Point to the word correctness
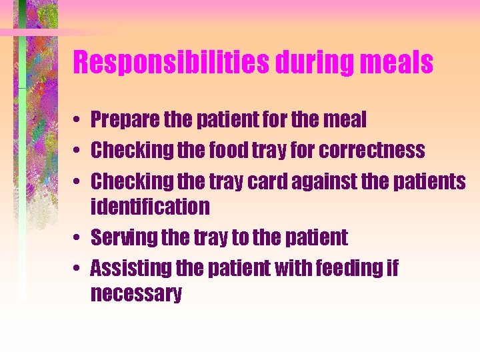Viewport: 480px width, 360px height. (x=371, y=151)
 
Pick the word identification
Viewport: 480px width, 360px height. (x=149, y=207)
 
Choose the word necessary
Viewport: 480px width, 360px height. (x=135, y=294)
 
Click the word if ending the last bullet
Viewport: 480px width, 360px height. (x=392, y=268)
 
